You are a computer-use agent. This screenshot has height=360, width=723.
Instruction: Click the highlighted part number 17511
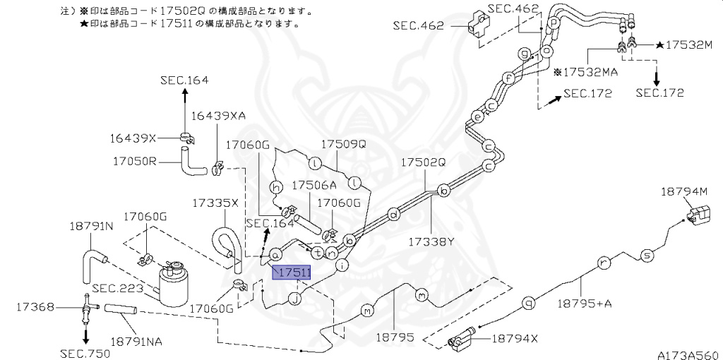[x=291, y=272]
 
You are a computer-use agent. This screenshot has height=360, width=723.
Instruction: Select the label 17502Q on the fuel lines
[x=424, y=162]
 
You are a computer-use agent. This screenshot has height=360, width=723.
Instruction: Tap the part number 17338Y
[x=430, y=241]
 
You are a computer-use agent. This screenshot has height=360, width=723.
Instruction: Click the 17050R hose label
[x=133, y=161]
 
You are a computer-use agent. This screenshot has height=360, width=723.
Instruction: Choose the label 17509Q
[x=344, y=143]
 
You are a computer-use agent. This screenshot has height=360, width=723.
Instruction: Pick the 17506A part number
[x=314, y=185]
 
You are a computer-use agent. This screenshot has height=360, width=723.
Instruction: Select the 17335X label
[x=215, y=203]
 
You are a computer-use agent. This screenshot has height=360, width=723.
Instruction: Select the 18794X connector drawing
[x=460, y=341]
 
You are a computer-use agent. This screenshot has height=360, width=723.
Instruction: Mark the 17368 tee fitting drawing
[x=86, y=307]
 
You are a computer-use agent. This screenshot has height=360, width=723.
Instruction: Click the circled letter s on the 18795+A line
[x=645, y=255]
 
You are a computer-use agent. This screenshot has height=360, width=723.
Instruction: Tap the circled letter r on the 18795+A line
[x=603, y=263]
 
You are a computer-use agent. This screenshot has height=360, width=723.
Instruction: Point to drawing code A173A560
[x=687, y=354]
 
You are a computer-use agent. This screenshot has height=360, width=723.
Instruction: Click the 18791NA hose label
[x=136, y=341]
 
